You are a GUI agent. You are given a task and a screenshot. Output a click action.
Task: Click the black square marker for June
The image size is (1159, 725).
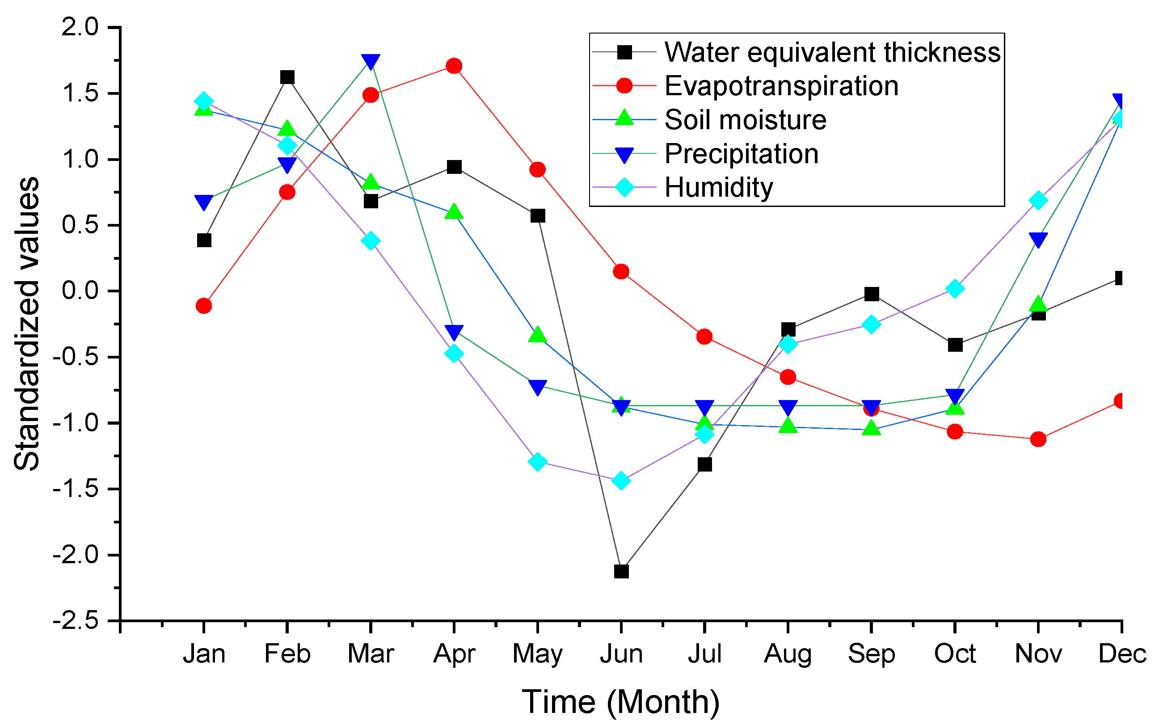point(621,571)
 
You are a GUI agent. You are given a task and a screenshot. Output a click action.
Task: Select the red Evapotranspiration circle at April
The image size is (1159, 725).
point(454,66)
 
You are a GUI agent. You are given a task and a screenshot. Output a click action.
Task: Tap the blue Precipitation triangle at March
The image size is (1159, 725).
point(371,61)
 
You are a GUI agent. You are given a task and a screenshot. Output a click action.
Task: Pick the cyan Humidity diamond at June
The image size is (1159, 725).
point(621,481)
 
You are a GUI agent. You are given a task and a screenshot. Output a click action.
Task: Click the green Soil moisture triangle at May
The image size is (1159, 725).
point(538,335)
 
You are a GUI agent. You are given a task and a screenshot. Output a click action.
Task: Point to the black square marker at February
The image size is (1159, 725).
point(287,77)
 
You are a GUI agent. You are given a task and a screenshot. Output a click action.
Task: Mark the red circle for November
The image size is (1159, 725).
point(1038,439)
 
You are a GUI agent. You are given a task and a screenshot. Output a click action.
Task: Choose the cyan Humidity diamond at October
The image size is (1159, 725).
point(955,289)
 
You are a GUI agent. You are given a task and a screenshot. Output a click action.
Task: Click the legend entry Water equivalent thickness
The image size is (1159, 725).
point(832,52)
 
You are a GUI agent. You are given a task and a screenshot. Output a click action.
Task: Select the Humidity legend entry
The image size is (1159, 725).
point(718,187)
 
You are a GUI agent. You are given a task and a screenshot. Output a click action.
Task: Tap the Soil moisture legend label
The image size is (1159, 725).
point(745,119)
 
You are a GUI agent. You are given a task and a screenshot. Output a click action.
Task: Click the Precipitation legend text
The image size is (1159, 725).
point(742,153)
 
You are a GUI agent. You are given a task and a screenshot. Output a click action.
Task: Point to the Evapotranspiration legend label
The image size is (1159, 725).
point(781,86)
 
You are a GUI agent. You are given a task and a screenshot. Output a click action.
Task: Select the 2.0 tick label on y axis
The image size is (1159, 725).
point(80,27)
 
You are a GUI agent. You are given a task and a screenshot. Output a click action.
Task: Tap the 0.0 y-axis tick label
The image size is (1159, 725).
point(80,291)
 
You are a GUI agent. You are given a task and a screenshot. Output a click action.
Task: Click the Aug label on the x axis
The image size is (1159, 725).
point(788,654)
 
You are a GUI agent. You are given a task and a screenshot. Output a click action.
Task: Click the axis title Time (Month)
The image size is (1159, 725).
point(620,702)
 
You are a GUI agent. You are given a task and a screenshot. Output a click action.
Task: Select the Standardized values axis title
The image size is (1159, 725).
point(26,324)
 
